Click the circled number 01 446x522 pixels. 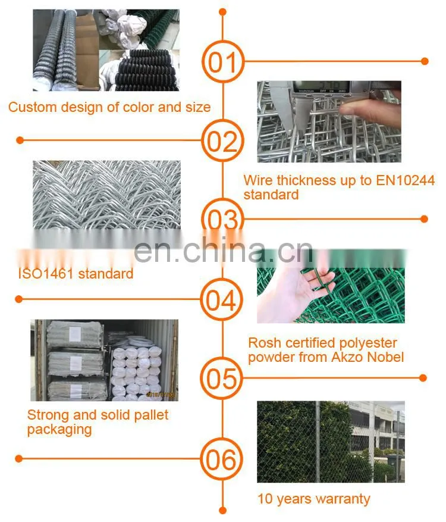click(x=223, y=61)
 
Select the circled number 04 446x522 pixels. click(x=221, y=299)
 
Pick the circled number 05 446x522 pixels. click(x=221, y=379)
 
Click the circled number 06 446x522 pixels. click(x=221, y=460)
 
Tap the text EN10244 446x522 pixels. click(x=405, y=180)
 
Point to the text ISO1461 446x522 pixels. click(x=46, y=274)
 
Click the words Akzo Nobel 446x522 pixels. click(x=368, y=357)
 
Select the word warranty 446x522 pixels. click(x=343, y=499)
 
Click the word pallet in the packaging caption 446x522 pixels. click(x=151, y=415)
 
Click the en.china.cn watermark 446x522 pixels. click(x=224, y=251)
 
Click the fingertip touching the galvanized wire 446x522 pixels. click(x=347, y=110)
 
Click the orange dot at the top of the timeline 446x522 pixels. click(x=223, y=12)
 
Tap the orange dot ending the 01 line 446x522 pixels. click(x=425, y=61)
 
